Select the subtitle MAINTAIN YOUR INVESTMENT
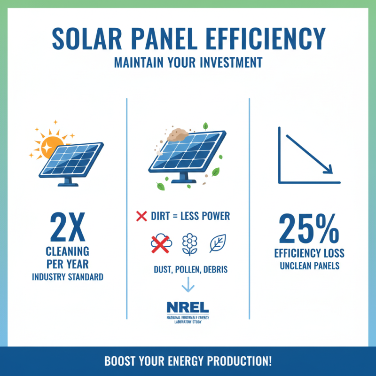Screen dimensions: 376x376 click(188, 63)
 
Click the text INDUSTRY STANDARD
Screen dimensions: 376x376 click(67, 277)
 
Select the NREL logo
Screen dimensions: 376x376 click(188, 307)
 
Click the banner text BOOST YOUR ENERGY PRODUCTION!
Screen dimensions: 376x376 click(188, 362)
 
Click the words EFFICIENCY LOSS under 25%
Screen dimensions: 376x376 click(309, 253)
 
